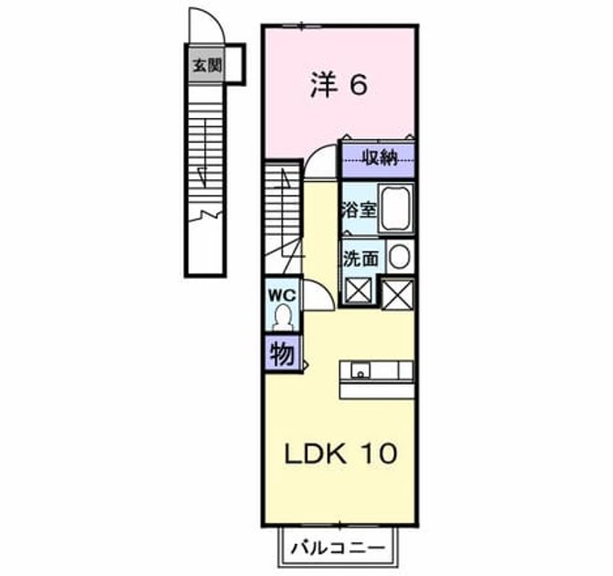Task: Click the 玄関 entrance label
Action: pos(207,65)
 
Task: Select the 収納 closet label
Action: pos(379,158)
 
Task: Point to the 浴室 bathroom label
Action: pos(360,210)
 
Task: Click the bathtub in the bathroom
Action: pos(395,209)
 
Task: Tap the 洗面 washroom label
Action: pos(360,259)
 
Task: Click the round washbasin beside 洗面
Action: pos(399,257)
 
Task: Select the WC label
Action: pos(282,295)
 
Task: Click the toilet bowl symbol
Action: pos(283,317)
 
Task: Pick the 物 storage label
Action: pos(283,355)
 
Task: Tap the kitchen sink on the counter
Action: pos(360,369)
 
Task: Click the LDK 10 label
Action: pos(340,453)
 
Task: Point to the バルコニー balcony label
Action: pos(339,548)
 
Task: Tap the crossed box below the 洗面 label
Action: pos(359,291)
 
